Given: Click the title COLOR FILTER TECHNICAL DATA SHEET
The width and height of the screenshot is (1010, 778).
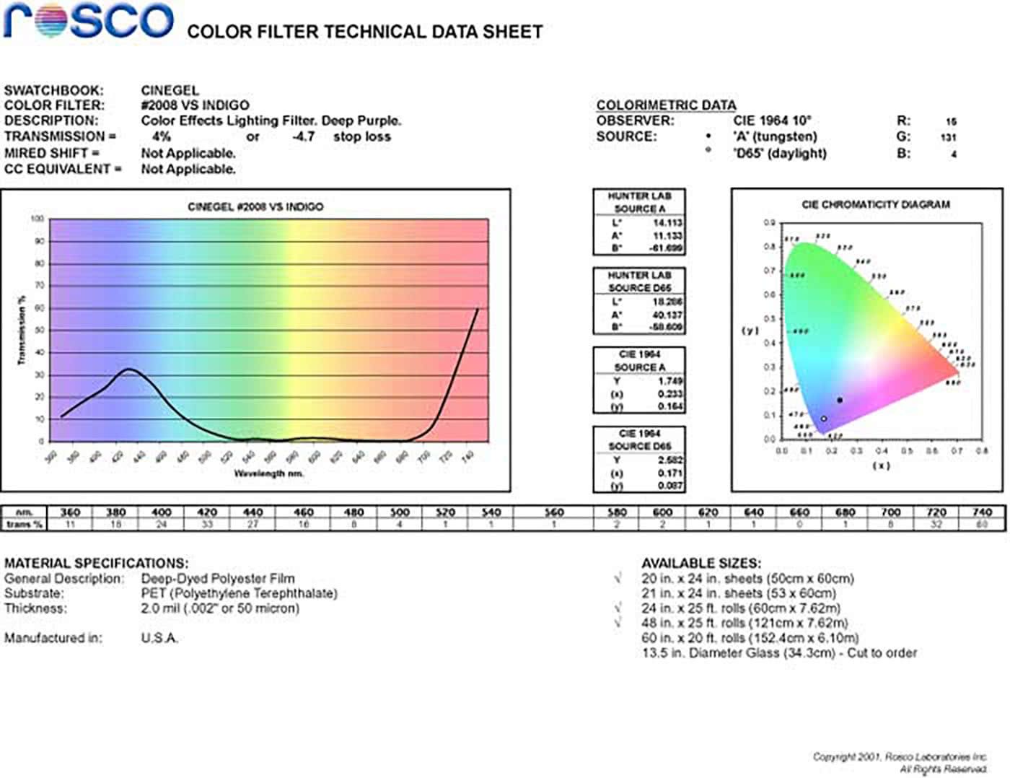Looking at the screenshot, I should point(364,32).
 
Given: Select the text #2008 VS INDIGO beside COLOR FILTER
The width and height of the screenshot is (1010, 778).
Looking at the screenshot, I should point(195,105).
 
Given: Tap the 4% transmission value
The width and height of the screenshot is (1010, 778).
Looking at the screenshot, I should point(162,136).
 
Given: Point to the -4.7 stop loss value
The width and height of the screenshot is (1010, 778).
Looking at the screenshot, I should point(304,136).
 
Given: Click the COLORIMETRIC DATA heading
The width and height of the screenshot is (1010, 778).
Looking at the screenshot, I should point(666,105).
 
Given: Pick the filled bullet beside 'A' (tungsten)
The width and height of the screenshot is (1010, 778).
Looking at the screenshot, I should point(708,136).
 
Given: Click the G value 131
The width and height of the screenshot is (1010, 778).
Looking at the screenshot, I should point(948,137).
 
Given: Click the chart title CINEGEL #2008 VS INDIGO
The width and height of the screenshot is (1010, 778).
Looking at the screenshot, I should point(255,207).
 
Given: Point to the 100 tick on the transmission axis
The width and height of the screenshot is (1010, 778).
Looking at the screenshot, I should point(37,219).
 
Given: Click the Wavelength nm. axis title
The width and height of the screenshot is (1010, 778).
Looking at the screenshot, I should point(268,473).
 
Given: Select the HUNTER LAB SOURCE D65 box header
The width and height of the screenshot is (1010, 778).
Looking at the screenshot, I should point(639,281).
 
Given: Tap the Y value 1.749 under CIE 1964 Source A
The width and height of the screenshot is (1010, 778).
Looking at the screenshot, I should point(670,380).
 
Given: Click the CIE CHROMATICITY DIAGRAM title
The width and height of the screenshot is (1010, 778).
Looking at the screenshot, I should point(875,205).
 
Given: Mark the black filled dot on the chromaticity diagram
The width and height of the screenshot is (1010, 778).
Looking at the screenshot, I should point(840,400).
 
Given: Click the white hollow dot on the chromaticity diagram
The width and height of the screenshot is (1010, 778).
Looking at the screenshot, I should point(824,419).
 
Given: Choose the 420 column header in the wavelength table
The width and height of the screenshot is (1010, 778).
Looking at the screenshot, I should point(207,512).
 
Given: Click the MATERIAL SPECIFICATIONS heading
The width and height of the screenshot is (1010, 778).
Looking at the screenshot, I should point(96,563).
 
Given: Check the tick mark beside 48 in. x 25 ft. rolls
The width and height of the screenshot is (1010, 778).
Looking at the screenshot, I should point(618,622).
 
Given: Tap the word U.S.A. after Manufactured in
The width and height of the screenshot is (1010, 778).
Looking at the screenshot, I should point(159,638).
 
